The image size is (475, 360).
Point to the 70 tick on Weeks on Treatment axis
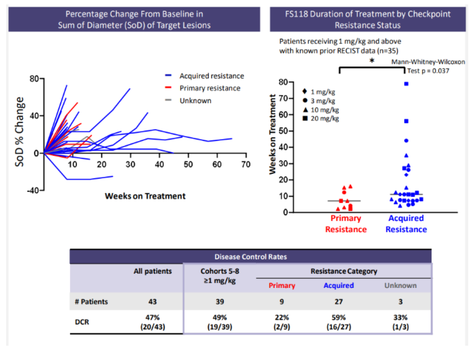click(246, 164)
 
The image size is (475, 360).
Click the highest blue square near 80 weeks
click(406, 84)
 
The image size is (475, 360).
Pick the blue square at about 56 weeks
click(406, 121)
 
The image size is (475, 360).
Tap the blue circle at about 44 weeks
click(406, 141)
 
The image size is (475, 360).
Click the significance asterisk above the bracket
click(372, 61)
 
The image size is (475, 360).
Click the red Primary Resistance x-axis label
click(346, 224)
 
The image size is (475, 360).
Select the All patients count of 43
click(152, 302)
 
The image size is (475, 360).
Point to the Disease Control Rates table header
click(250, 257)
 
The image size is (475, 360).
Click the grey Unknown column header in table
click(400, 285)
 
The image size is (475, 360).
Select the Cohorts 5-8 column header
click(219, 275)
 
